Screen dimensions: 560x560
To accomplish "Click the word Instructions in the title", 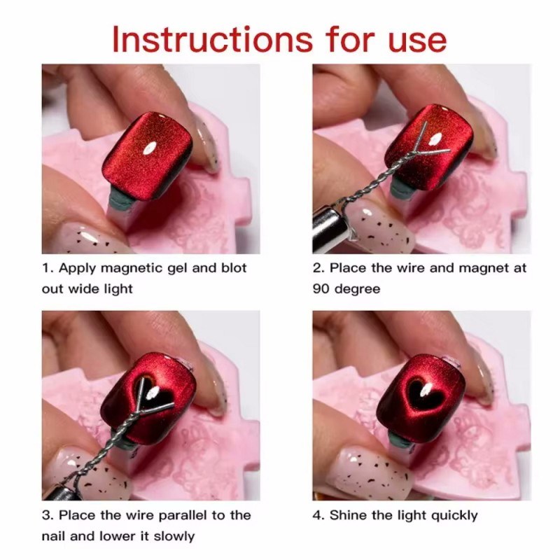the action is pos(213,39).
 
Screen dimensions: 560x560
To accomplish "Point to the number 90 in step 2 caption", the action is pos(321,288).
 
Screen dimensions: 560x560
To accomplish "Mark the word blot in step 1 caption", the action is pos(234,268).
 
